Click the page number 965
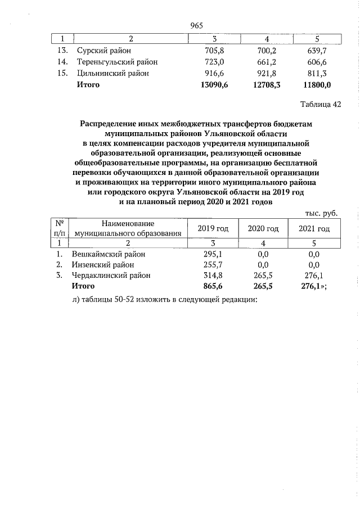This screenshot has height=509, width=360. pyautogui.click(x=196, y=25)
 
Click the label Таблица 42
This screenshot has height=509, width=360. pyautogui.click(x=321, y=104)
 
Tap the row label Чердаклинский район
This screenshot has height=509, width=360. pyautogui.click(x=111, y=275)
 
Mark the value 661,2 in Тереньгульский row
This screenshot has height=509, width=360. pyautogui.click(x=263, y=61)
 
